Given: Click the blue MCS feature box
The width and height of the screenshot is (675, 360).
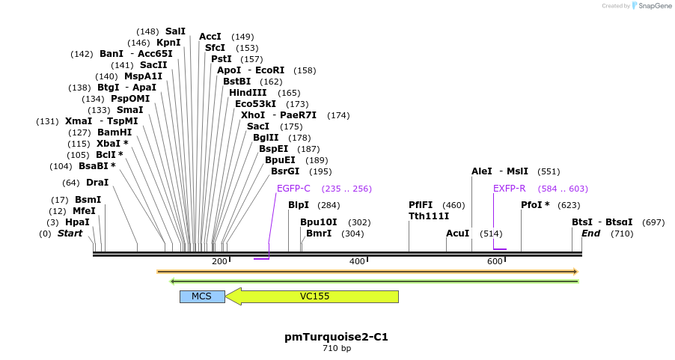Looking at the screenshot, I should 202,296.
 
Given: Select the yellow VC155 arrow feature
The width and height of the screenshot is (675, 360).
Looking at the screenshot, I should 314,296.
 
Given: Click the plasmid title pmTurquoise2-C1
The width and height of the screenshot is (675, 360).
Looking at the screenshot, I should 336,337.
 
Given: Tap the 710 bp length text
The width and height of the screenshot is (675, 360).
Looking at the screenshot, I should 337,349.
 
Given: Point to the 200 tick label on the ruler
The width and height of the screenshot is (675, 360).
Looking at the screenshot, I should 219,261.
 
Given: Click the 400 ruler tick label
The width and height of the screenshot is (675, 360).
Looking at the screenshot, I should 357,261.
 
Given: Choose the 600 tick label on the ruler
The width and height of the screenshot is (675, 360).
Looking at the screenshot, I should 495,261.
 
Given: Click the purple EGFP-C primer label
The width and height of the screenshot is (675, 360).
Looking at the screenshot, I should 293,189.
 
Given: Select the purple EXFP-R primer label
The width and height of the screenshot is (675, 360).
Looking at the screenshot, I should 509,189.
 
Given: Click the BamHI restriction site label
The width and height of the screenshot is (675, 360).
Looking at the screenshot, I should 114,132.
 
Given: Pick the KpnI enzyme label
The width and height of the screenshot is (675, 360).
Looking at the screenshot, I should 168,43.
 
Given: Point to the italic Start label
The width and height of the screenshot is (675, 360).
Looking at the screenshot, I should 70,234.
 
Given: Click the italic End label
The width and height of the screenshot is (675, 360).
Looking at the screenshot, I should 590,234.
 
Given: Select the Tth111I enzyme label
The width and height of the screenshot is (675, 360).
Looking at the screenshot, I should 429,216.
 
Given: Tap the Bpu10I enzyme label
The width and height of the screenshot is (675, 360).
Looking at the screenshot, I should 318,222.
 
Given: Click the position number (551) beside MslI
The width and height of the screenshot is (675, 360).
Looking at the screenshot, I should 549,171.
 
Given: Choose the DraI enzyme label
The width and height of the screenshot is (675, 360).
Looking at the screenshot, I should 97,183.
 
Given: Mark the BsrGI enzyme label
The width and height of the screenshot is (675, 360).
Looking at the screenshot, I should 285,171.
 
